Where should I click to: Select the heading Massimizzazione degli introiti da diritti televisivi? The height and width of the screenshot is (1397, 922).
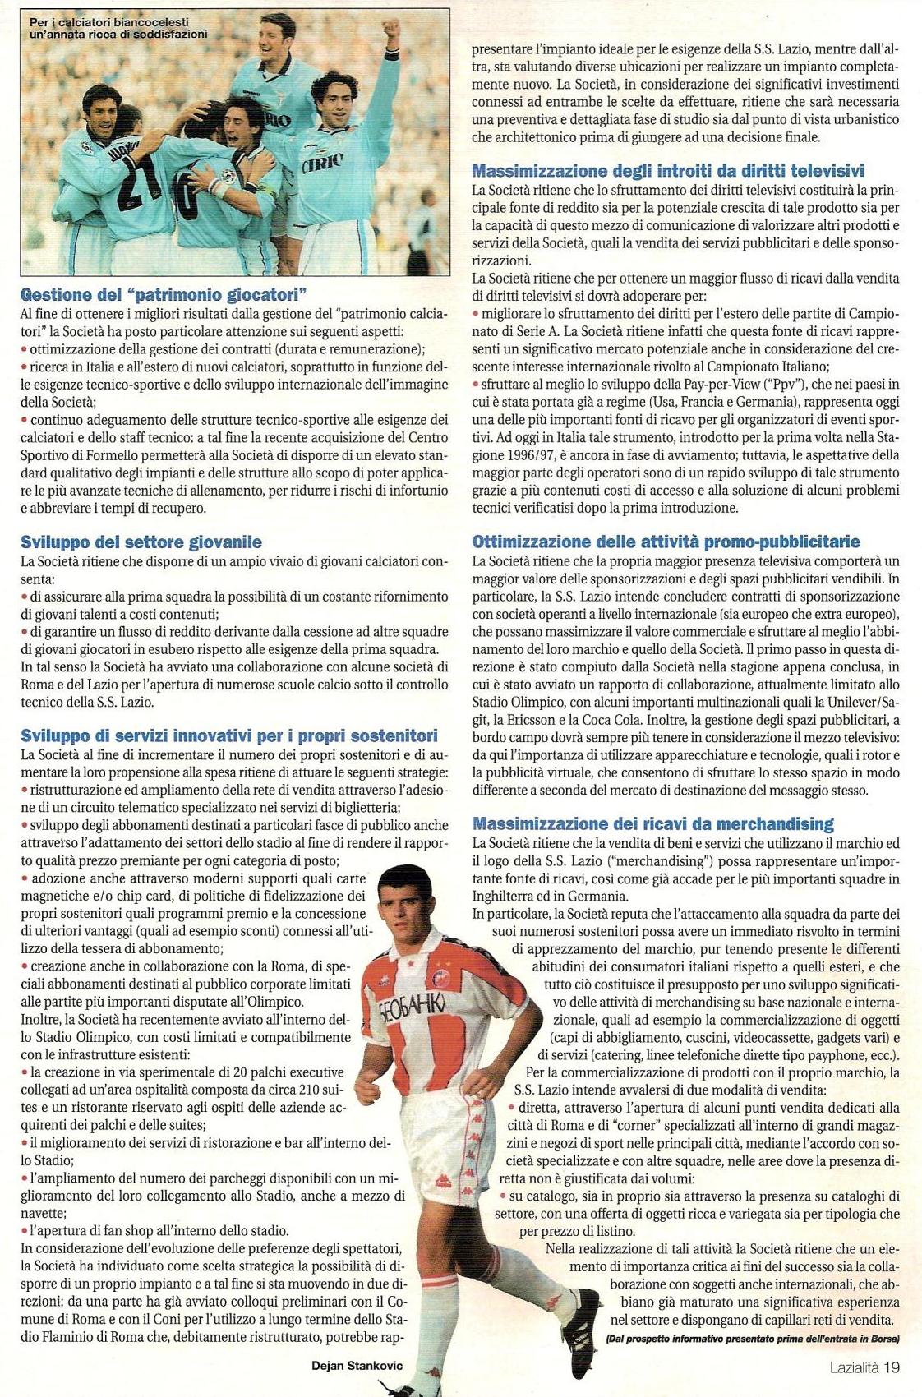tap(668, 171)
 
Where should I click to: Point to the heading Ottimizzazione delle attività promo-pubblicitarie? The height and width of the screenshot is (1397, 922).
tap(666, 542)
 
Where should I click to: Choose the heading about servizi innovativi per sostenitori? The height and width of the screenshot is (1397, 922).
tap(229, 735)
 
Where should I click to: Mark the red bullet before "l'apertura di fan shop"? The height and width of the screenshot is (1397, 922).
tap(25, 1230)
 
